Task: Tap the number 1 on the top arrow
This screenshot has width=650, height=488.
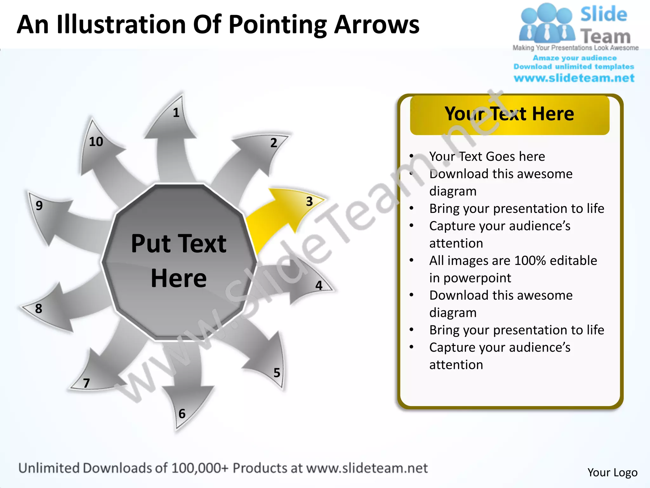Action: click(x=176, y=112)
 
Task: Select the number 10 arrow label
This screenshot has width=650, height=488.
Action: click(x=96, y=142)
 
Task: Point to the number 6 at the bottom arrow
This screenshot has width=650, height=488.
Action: click(x=182, y=414)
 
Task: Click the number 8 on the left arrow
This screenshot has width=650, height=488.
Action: click(x=38, y=308)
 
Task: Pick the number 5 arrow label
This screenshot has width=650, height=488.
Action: click(x=277, y=373)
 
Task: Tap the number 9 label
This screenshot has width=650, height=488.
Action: click(x=39, y=206)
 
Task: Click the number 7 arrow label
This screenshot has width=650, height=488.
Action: click(x=86, y=383)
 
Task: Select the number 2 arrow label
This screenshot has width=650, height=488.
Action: click(x=274, y=143)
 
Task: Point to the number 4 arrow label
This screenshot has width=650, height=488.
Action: click(x=319, y=285)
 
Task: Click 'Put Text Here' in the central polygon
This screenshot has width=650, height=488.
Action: click(x=179, y=261)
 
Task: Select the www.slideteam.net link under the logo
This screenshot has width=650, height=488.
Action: click(x=574, y=78)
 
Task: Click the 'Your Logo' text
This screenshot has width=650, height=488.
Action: click(x=612, y=472)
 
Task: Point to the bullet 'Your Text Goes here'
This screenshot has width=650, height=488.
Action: click(x=487, y=156)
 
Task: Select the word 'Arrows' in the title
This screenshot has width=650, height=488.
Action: click(x=377, y=25)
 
